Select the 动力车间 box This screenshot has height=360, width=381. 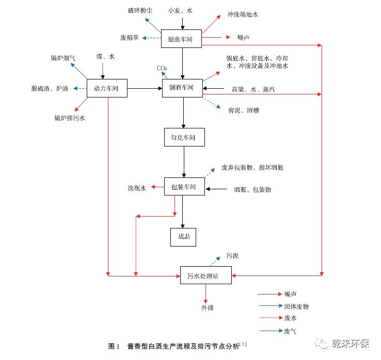(x=107, y=89)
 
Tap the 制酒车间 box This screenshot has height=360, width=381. (x=182, y=88)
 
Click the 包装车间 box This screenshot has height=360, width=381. (x=184, y=186)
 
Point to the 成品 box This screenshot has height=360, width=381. (x=184, y=237)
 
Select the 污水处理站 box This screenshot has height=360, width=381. (x=206, y=275)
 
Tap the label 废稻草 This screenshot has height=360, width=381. (x=130, y=38)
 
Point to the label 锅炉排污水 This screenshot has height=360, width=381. (x=70, y=118)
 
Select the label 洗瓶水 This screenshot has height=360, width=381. (x=137, y=188)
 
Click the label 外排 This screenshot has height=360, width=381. (x=208, y=308)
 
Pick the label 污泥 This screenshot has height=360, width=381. (x=232, y=256)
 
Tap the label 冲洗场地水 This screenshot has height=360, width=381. (x=243, y=14)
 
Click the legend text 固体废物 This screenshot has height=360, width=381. (x=296, y=306)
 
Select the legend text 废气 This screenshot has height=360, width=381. (x=290, y=331)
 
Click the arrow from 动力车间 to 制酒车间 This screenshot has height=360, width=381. (x=145, y=89)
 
